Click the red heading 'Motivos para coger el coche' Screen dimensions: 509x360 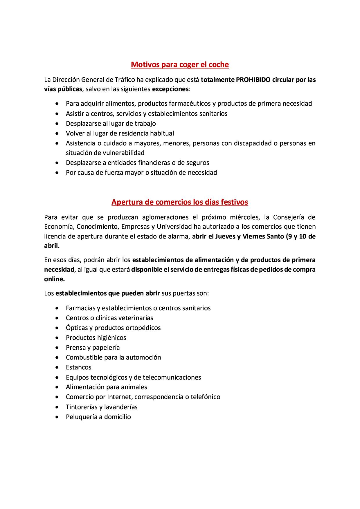tap(180, 64)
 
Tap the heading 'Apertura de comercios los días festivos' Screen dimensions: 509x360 tap(180, 202)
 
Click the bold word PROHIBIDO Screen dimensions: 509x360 tap(253, 80)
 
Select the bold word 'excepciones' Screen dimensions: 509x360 tap(170, 89)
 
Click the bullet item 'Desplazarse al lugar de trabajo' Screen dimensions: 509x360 tap(111, 123)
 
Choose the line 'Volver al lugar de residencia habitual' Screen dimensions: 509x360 tap(120, 133)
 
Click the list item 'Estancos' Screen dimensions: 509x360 tap(78, 367)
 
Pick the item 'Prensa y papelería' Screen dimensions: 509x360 tap(93, 347)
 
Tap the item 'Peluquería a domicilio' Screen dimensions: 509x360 tap(98, 417)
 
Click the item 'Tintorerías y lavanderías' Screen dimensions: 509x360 tap(102, 407)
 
